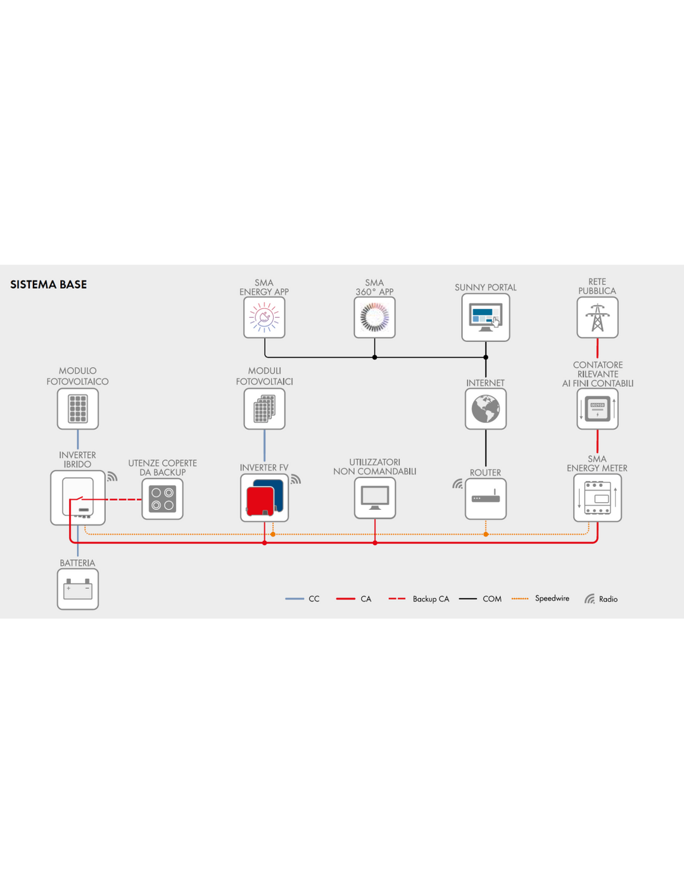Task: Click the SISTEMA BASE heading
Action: click(x=48, y=284)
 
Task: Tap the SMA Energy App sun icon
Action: click(x=264, y=317)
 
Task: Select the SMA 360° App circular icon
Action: click(x=374, y=317)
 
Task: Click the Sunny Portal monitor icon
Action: click(x=485, y=317)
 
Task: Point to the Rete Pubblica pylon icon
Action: click(x=597, y=317)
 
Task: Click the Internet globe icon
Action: click(x=485, y=408)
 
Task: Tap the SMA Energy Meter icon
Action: click(x=597, y=498)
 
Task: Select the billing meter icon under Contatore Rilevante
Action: click(x=597, y=408)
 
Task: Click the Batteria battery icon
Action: click(x=78, y=589)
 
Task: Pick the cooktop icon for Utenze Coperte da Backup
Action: click(x=162, y=499)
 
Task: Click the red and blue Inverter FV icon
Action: click(x=265, y=498)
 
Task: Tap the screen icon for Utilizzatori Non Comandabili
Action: click(x=375, y=498)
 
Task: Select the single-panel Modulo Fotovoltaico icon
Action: click(x=78, y=408)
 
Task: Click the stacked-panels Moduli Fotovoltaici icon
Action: click(x=265, y=408)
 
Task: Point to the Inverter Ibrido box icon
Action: click(x=78, y=498)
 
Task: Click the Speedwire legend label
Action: click(x=552, y=598)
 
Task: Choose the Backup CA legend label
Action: click(x=431, y=599)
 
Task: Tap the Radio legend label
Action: click(x=608, y=599)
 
